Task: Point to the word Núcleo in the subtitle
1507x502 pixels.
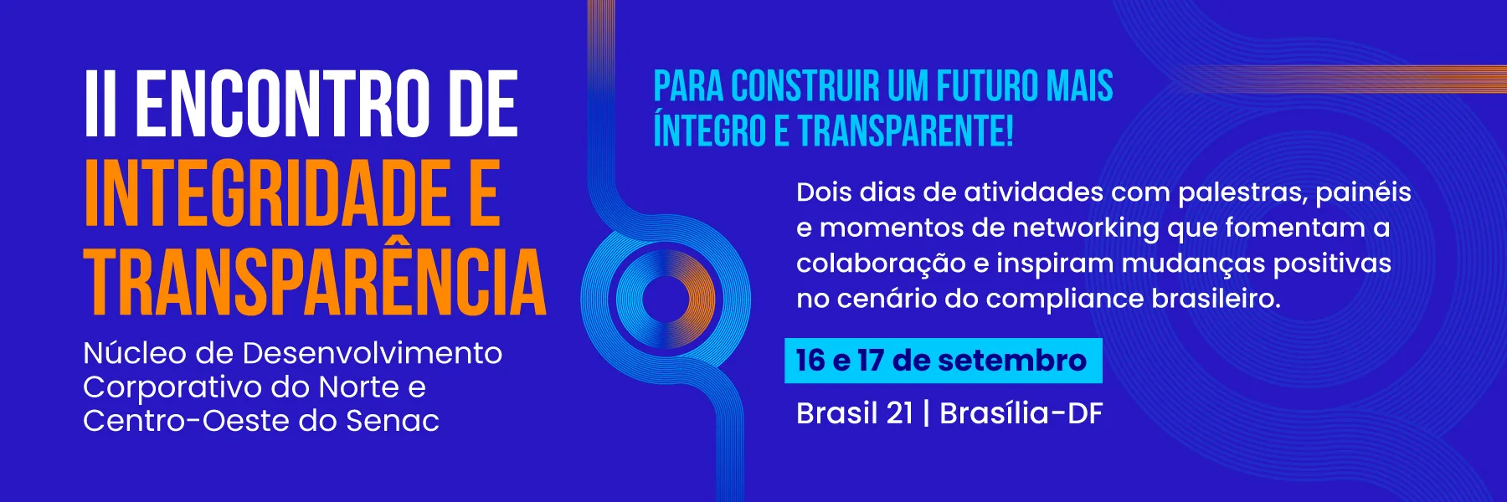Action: click(x=135, y=353)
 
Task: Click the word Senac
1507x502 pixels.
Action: click(x=393, y=421)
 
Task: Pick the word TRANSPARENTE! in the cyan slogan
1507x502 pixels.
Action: click(x=905, y=131)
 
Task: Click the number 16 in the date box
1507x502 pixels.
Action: click(x=810, y=361)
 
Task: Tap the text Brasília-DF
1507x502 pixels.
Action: click(x=1021, y=413)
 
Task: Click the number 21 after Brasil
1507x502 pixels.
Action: click(x=899, y=413)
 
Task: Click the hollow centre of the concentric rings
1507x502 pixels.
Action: click(x=666, y=299)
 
